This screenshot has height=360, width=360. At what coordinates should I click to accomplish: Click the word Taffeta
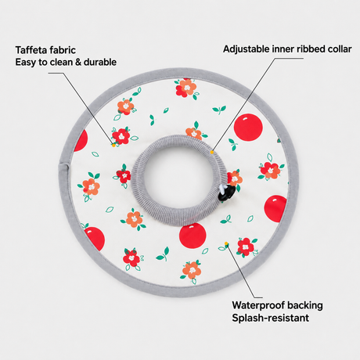[x=32, y=50]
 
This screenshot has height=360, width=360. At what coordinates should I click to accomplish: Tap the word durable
[x=100, y=62]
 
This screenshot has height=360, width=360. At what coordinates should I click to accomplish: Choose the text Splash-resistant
[x=271, y=318]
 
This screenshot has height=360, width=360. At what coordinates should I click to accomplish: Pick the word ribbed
[x=310, y=49]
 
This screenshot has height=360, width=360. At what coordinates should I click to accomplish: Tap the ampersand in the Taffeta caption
[x=77, y=62]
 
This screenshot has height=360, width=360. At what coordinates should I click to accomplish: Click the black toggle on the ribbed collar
[x=226, y=193]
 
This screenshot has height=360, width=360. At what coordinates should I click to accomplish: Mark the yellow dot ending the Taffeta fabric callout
[x=113, y=146]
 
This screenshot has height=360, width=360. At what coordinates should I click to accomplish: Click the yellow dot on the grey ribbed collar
[x=212, y=152]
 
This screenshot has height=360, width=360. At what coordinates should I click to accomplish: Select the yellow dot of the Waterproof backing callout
[x=226, y=243]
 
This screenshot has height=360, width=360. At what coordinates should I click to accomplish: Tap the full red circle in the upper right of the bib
[x=248, y=128]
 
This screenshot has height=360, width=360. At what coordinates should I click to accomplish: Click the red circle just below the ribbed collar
[x=193, y=236]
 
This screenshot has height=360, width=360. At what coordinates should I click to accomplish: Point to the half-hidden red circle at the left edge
[x=81, y=141]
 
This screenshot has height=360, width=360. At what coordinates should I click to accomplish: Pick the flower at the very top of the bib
[x=186, y=88]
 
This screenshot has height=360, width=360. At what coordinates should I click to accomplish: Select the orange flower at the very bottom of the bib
[x=192, y=271]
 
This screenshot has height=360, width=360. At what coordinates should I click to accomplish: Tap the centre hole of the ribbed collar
[x=175, y=175]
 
